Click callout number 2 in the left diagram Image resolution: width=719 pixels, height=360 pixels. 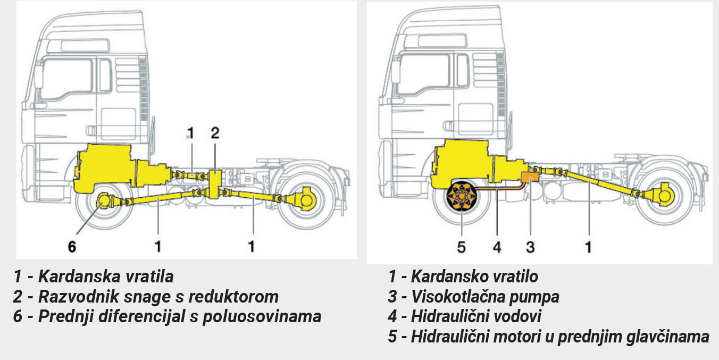[215, 133]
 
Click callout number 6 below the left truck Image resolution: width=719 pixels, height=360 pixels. [72, 246]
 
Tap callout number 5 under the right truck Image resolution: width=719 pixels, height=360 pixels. [461, 247]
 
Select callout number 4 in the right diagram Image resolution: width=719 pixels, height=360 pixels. [497, 247]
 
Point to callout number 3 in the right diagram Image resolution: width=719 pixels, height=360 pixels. [530, 247]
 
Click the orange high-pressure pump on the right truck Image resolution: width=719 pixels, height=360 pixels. [530, 178]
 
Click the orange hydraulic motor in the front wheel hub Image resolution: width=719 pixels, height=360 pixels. [461, 199]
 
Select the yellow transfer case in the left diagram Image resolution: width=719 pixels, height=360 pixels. [215, 184]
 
